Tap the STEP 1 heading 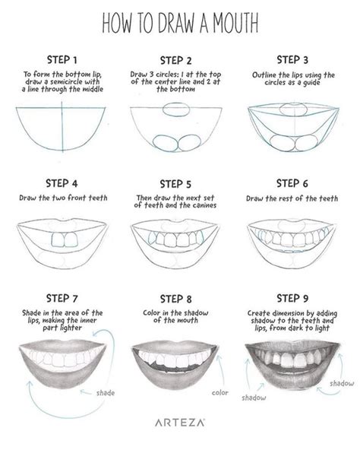coord(64,58)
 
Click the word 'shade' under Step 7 coord(106,393)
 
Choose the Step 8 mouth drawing coord(179,357)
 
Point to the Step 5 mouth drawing coord(179,239)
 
